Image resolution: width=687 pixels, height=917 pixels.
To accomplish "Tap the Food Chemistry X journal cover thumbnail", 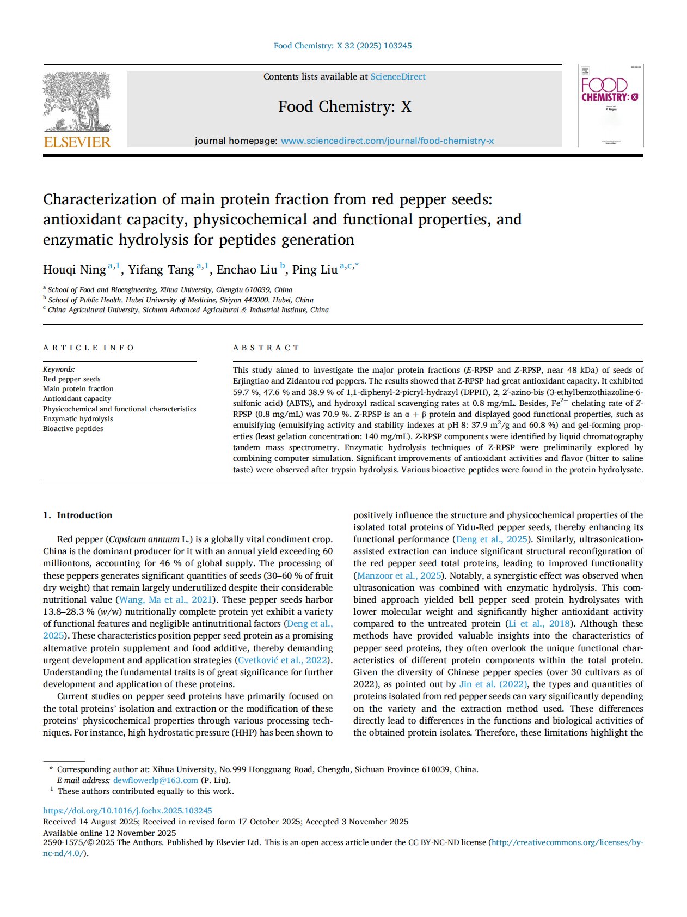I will [610, 105].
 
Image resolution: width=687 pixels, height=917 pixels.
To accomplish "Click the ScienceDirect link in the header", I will [398, 77].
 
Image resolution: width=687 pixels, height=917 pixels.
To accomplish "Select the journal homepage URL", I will [387, 141].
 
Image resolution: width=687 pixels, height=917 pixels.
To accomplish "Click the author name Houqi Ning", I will [74, 270].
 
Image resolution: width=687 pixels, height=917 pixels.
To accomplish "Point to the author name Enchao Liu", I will [247, 270].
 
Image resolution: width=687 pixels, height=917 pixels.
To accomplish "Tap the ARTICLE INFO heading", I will [89, 348].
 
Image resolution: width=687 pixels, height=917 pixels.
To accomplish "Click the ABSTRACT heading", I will [266, 348].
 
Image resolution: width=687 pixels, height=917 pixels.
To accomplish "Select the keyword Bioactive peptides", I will [73, 429].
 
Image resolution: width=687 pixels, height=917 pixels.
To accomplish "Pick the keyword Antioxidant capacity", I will [77, 399].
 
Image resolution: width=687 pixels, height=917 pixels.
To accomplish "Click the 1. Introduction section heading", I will [77, 515].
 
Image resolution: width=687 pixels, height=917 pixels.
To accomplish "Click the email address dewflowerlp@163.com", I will [155, 780].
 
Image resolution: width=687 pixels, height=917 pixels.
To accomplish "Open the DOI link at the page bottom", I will [127, 811].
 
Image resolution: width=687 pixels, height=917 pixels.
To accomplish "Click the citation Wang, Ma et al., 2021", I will [165, 600].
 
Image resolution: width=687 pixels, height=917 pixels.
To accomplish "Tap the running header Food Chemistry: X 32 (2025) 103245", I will [342, 46].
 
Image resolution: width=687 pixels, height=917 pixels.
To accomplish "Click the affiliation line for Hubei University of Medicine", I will [181, 300].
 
